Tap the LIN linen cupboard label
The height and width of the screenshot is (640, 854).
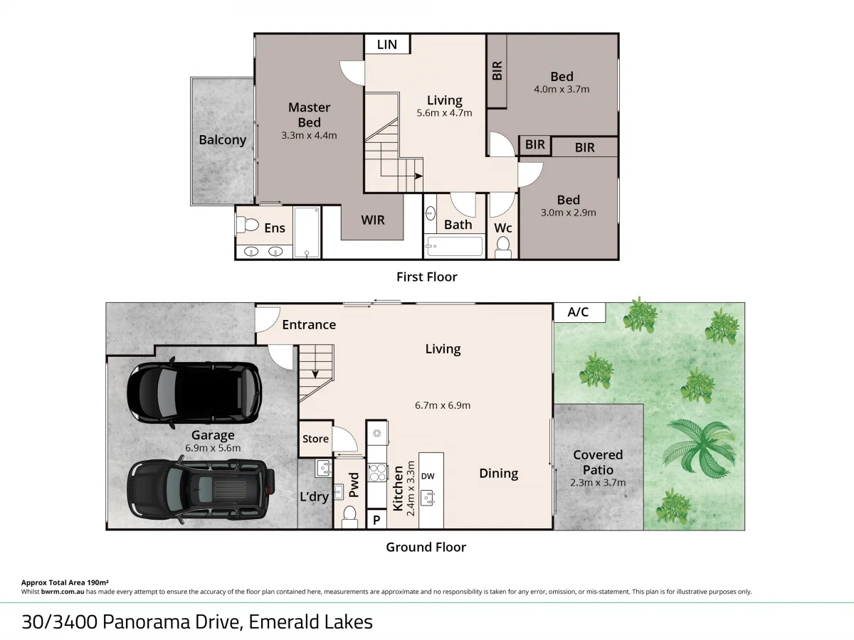pos(387,44)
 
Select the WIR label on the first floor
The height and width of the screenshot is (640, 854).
pos(373,220)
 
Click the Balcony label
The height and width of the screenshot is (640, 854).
pos(222,140)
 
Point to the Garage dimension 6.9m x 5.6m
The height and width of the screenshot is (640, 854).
pos(213,448)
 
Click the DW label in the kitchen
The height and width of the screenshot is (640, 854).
pos(428,476)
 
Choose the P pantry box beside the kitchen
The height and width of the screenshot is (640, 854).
pos(376,521)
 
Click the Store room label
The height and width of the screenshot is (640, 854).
pos(315,439)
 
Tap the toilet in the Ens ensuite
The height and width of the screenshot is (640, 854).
pos(248,225)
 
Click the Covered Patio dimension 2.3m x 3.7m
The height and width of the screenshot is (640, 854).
pos(598,482)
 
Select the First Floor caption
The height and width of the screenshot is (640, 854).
pos(426,277)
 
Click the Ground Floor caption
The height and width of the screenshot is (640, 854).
pos(426,547)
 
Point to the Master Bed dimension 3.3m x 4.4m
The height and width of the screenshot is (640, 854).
pos(309,135)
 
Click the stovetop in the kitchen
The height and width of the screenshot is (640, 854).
pos(376,472)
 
